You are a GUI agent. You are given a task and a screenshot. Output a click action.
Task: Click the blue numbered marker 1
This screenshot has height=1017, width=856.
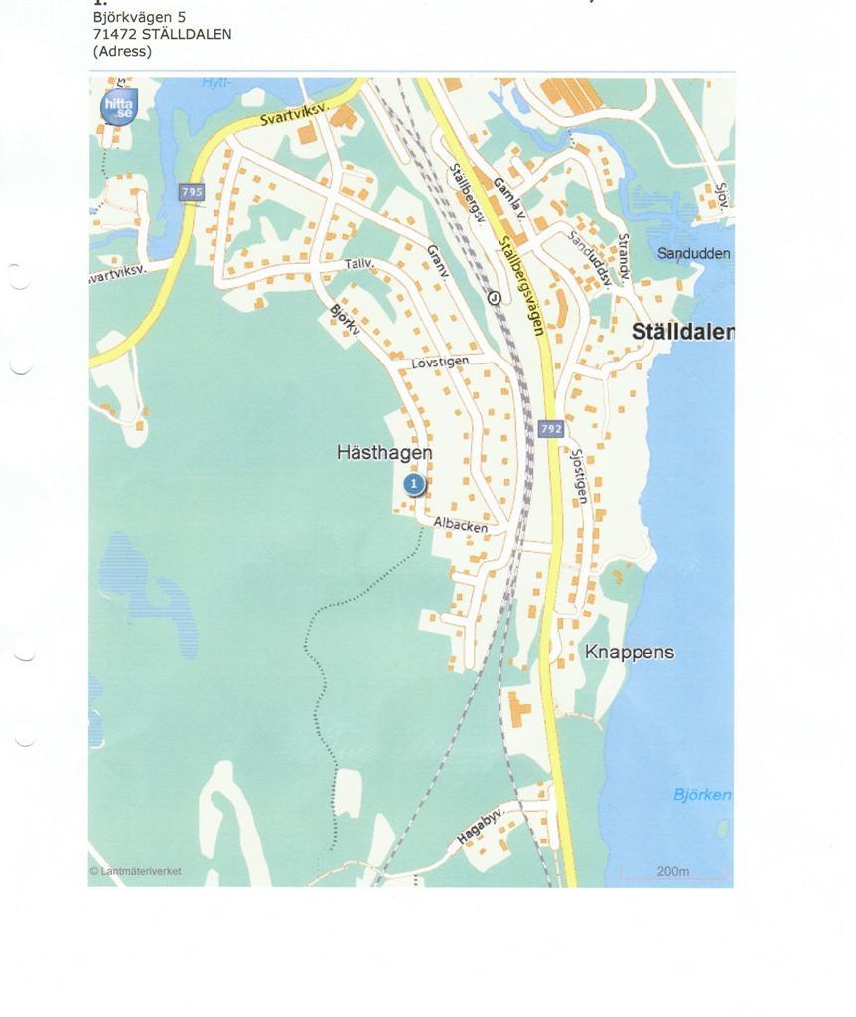pyautogui.click(x=414, y=484)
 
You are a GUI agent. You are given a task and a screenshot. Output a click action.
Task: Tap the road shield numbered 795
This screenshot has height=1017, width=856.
pyautogui.click(x=192, y=191)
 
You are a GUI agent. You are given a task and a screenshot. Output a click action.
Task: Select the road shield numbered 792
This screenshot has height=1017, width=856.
pyautogui.click(x=552, y=429)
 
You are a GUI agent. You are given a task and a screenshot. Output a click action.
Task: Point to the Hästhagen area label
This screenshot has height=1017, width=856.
pyautogui.click(x=384, y=453)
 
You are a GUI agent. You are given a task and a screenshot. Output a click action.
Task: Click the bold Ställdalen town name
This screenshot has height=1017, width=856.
pyautogui.click(x=683, y=333)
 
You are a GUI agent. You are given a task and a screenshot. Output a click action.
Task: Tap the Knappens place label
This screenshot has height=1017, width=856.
pyautogui.click(x=630, y=653)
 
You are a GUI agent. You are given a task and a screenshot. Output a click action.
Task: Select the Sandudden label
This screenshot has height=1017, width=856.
pyautogui.click(x=694, y=253)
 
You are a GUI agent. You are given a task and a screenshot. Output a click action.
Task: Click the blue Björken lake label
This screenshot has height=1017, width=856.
pyautogui.click(x=702, y=795)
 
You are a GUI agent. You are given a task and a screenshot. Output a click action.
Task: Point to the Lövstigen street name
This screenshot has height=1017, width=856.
pyautogui.click(x=439, y=364)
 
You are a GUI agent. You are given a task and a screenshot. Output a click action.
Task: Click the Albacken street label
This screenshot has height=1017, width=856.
pyautogui.click(x=461, y=525)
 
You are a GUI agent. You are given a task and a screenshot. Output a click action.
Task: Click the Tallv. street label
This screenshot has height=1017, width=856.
pyautogui.click(x=358, y=264)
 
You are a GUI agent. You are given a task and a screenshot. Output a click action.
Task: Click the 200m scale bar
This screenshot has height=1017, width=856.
pyautogui.click(x=674, y=873)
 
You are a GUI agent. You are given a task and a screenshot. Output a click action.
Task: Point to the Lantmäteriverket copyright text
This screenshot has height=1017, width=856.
pyautogui.click(x=136, y=871)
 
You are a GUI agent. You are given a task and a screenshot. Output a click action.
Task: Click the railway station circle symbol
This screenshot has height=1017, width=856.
pyautogui.click(x=494, y=297)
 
